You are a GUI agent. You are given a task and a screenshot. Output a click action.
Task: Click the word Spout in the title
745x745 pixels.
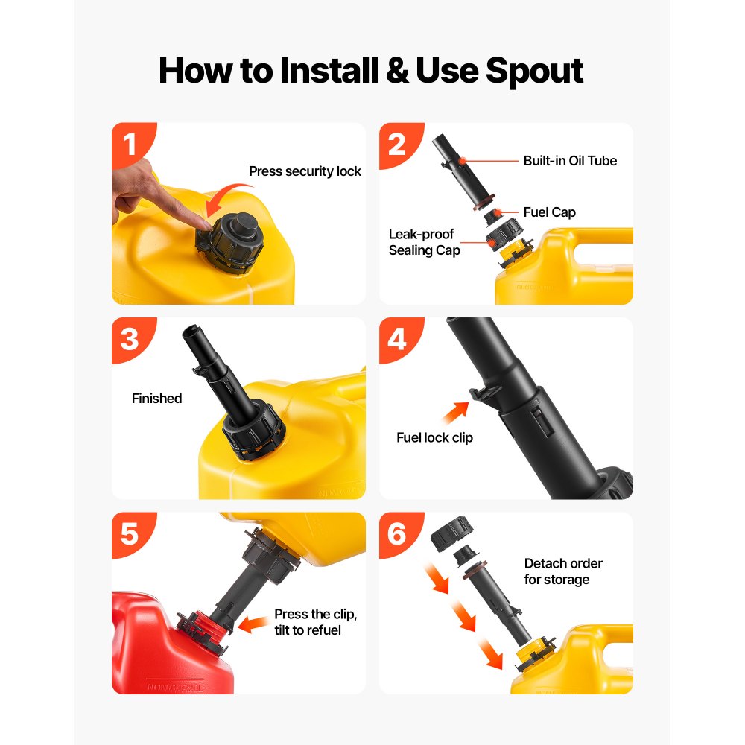pos(534,72)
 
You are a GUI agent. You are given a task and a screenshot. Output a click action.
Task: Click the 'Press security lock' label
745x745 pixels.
pos(305,171)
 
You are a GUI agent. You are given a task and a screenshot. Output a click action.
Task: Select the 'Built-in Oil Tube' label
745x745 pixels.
pos(570,161)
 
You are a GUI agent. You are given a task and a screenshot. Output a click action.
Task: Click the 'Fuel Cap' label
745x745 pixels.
pos(549,212)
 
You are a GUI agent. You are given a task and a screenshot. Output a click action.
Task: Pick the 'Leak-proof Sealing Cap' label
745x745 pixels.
pos(425,242)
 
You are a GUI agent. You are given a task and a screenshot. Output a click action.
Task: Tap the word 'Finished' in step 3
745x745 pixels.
pos(156,398)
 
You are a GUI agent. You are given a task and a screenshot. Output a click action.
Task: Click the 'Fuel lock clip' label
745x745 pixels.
pos(435,437)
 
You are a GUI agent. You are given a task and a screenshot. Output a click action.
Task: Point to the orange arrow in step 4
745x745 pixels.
pos(455,413)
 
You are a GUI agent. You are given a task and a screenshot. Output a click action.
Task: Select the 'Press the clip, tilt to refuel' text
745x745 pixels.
pos(315,622)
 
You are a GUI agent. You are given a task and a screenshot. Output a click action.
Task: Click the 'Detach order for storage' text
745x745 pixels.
pos(563,571)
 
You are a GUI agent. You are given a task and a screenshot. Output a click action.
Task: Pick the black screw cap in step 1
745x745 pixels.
pos(230,242)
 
